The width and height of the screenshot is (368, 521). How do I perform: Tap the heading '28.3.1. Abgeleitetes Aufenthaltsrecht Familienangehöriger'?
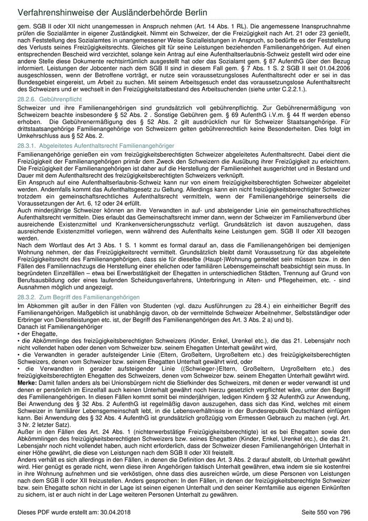tap(95, 145)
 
